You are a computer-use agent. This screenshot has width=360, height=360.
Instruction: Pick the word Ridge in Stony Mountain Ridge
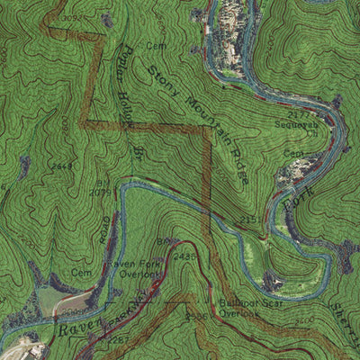pyautogui.click(x=238, y=167)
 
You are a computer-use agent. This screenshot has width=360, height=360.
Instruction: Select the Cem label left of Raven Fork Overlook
pyautogui.click(x=82, y=272)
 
